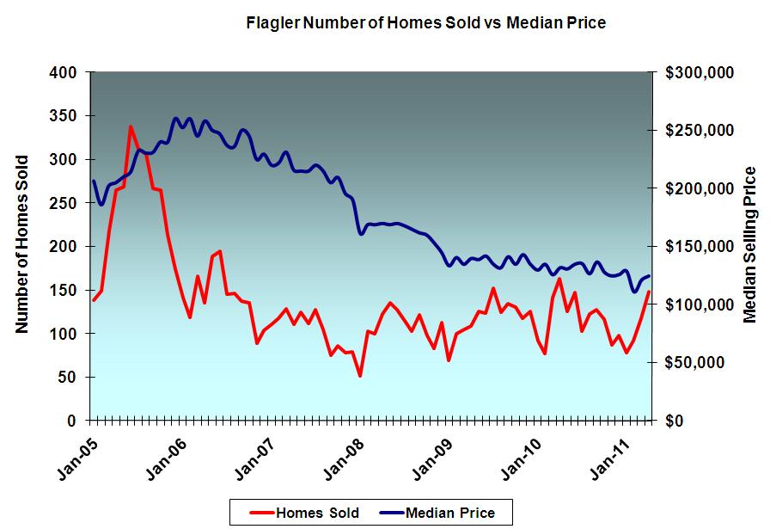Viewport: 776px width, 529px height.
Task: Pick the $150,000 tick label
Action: coord(699,247)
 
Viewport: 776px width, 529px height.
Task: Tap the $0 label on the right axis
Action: coord(675,421)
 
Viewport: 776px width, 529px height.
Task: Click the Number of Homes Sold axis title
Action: coord(22,244)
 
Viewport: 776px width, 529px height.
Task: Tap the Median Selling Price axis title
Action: coord(750,244)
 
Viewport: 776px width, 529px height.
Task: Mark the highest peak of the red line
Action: coord(131,126)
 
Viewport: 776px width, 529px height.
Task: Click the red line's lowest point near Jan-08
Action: coord(360,376)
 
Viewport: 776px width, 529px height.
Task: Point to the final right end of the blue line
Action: coord(649,275)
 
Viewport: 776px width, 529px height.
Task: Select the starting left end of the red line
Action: coord(93,300)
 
